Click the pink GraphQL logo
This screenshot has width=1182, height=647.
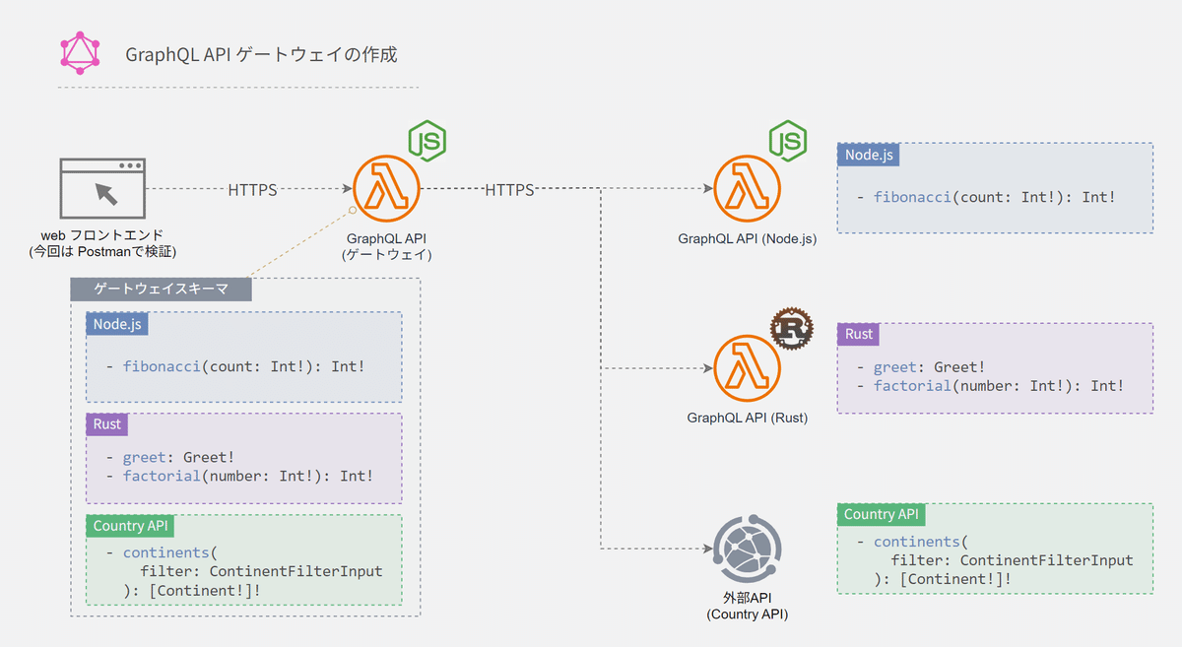point(82,53)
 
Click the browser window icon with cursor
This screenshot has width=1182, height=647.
point(102,189)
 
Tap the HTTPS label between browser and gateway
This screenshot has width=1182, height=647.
point(252,189)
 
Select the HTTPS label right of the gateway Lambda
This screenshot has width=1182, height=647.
point(509,189)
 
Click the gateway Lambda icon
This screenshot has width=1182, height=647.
point(386,189)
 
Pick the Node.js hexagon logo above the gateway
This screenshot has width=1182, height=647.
point(427,141)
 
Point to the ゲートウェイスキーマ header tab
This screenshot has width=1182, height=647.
point(161,289)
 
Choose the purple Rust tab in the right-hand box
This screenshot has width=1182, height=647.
point(859,334)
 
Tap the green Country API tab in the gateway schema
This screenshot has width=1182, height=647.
point(132,526)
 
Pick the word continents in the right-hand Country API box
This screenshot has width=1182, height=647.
point(916,542)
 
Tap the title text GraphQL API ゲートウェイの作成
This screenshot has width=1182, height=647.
point(261,54)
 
